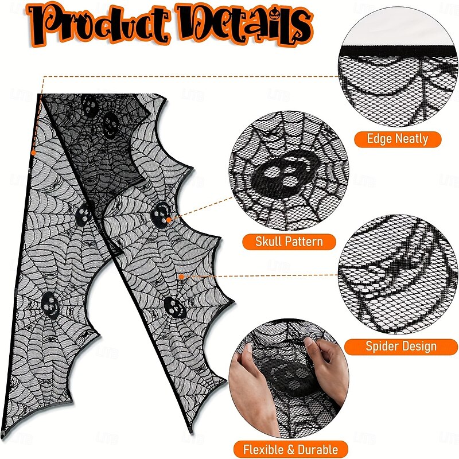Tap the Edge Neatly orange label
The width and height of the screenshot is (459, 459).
398,138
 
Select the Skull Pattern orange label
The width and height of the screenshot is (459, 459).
290,241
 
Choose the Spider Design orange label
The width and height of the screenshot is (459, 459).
401,346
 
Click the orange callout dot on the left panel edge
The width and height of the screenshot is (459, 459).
33,153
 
